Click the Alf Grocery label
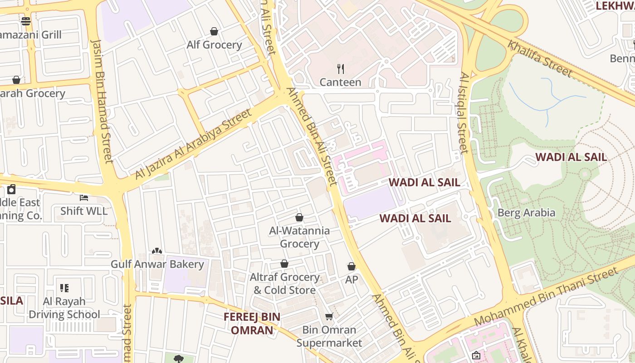pyautogui.click(x=214, y=45)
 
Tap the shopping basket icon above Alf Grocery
pyautogui.click(x=214, y=31)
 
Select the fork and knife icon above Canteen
pyautogui.click(x=341, y=69)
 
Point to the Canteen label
pyautogui.click(x=341, y=82)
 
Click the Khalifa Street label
pyautogui.click(x=540, y=58)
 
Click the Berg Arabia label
pyautogui.click(x=526, y=213)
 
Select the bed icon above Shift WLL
pyautogui.click(x=84, y=197)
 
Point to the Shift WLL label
pyautogui.click(x=84, y=211)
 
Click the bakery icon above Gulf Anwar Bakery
pyautogui.click(x=157, y=250)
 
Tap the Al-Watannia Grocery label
pyautogui.click(x=299, y=237)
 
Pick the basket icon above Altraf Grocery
pyautogui.click(x=284, y=264)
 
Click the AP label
pyautogui.click(x=352, y=280)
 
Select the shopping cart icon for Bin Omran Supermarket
pyautogui.click(x=329, y=316)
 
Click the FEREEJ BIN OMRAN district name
pyautogui.click(x=252, y=323)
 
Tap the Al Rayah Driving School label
pyautogui.click(x=64, y=308)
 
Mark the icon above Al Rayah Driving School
pyautogui.click(x=64, y=288)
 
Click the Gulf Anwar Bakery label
pyautogui.click(x=157, y=264)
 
